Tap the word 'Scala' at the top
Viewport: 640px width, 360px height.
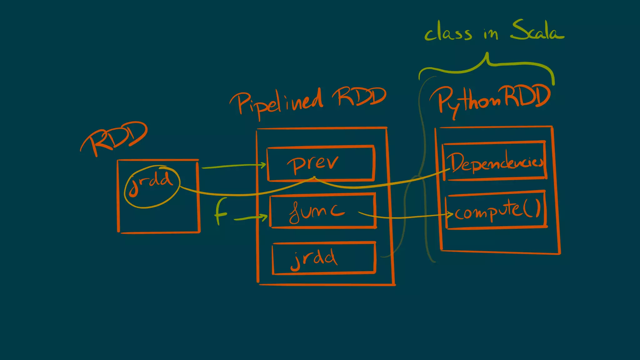(537, 31)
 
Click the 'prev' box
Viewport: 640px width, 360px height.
(321, 163)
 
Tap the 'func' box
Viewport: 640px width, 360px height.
(323, 211)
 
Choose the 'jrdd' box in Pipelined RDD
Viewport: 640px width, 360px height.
(324, 258)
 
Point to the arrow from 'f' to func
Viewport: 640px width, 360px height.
(250, 218)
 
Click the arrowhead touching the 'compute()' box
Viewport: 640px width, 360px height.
(450, 214)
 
